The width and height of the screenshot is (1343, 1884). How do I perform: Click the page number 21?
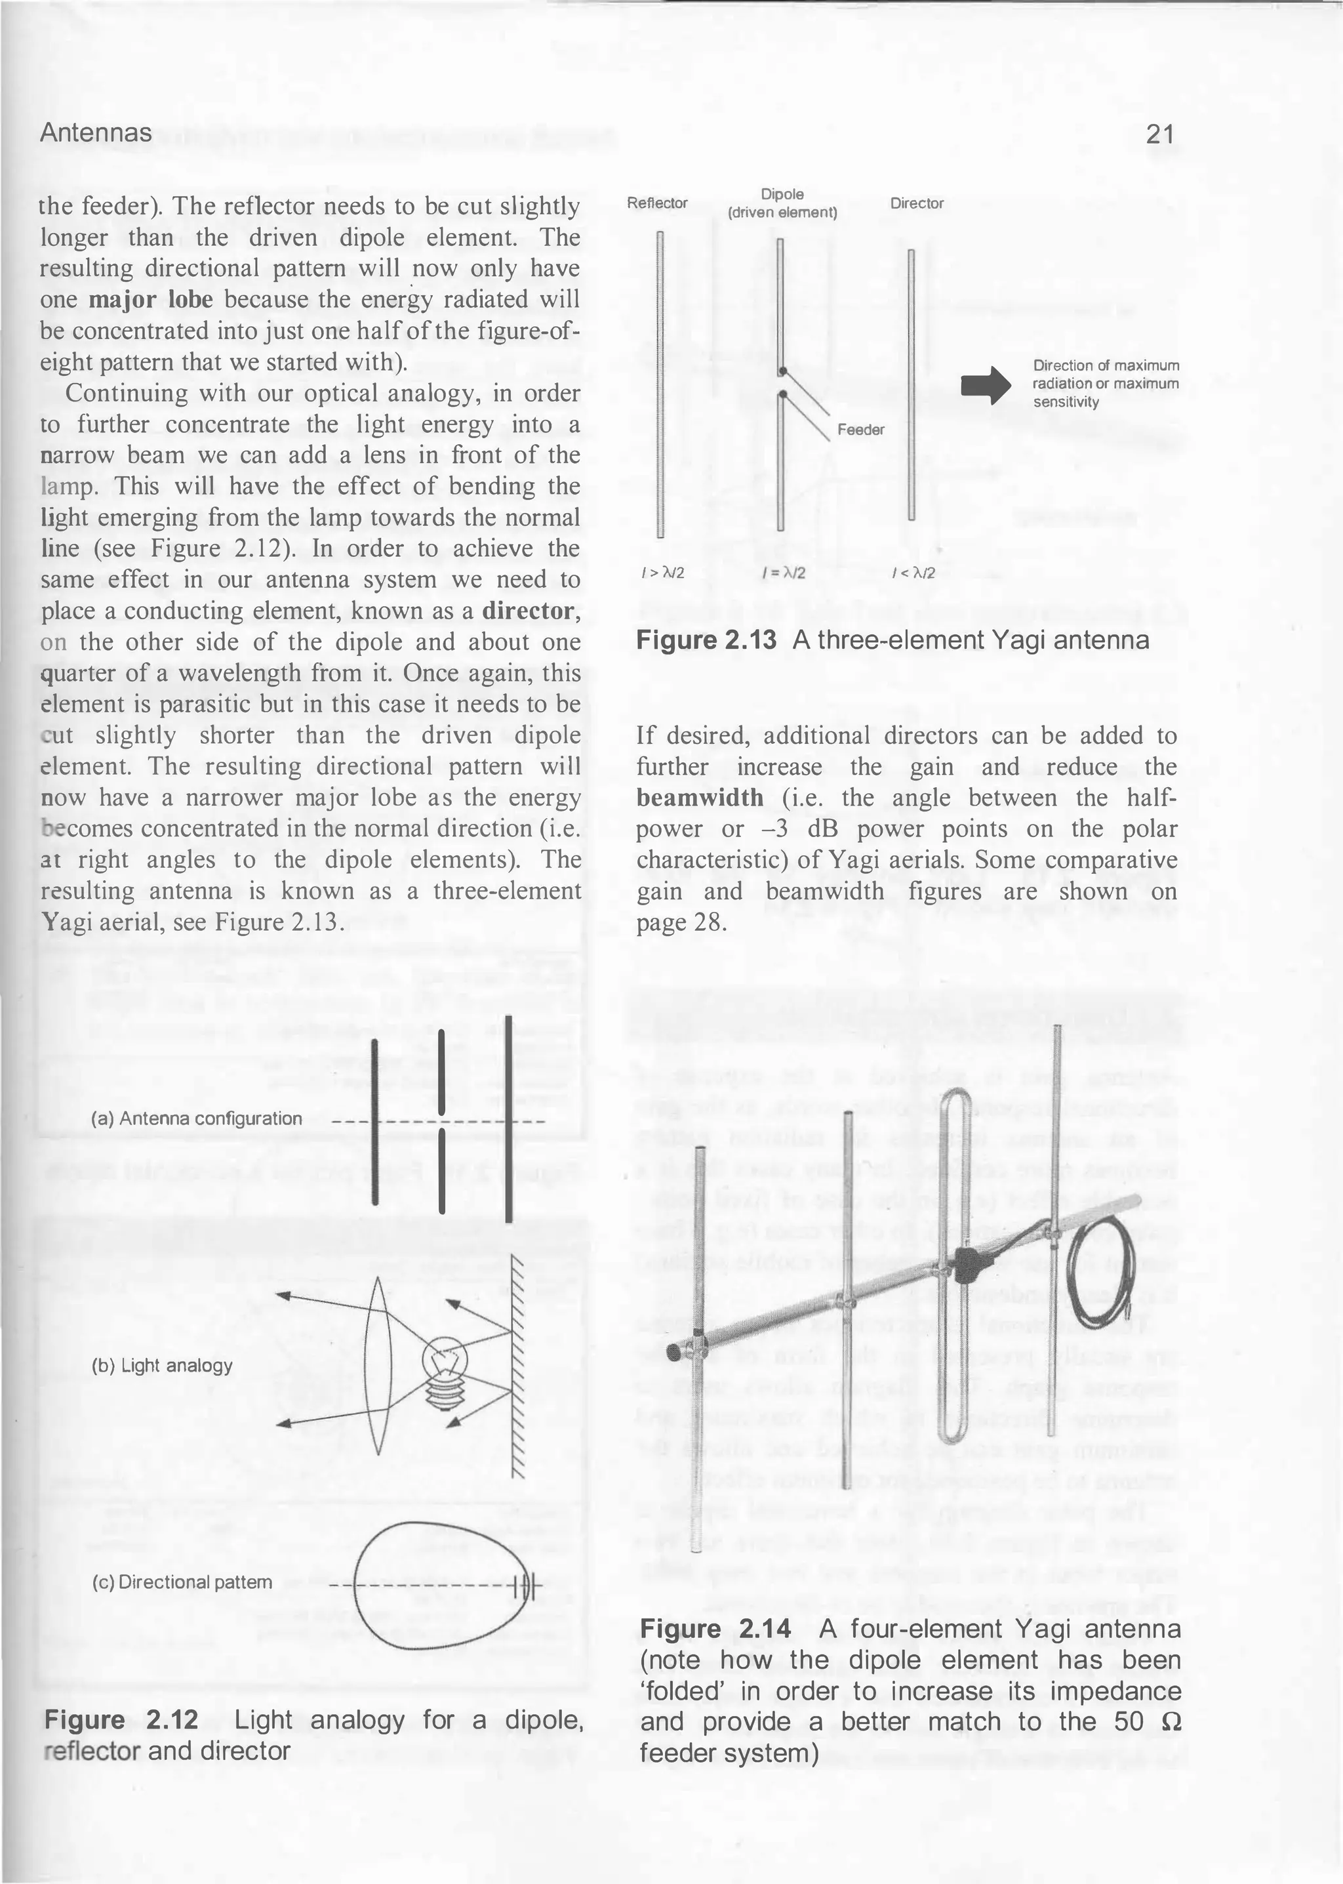(1159, 134)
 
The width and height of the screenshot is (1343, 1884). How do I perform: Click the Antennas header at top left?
(96, 133)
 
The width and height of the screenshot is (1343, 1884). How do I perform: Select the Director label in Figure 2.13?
(916, 203)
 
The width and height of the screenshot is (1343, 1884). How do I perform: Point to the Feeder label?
(860, 429)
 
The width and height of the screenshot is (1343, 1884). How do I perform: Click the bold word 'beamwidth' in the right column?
(700, 798)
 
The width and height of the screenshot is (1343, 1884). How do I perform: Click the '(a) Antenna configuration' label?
(197, 1119)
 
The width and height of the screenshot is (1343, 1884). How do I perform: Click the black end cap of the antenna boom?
(675, 1351)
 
